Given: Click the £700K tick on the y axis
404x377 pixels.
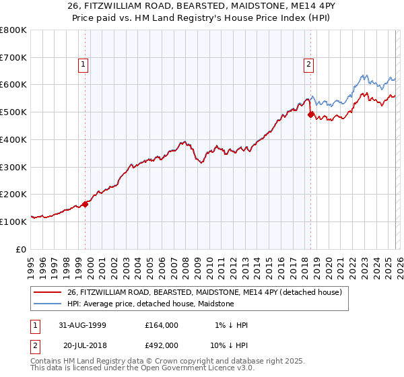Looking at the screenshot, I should [13, 58].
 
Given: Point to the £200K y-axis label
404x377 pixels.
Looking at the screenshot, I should [13, 195].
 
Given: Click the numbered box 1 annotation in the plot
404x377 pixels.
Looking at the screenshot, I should [83, 65].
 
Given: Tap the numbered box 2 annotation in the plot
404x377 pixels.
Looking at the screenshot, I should [308, 65].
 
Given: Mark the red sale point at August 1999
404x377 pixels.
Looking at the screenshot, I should [86, 204].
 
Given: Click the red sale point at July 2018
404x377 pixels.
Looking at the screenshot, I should [310, 114].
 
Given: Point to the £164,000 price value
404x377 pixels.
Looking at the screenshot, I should [162, 325].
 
